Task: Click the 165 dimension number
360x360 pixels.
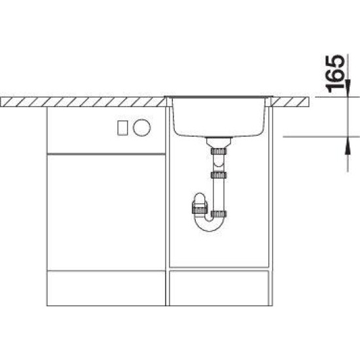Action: click(x=334, y=73)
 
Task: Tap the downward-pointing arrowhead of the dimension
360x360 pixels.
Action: click(x=348, y=88)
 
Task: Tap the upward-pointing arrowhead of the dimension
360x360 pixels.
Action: click(x=348, y=145)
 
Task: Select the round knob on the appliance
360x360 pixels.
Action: click(x=141, y=128)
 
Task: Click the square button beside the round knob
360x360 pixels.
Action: click(x=122, y=128)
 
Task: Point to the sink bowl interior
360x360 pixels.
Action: click(x=219, y=117)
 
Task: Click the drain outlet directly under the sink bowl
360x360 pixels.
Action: click(x=219, y=142)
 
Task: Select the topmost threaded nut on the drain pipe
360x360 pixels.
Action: click(x=219, y=151)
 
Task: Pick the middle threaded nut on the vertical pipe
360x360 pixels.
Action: click(x=219, y=175)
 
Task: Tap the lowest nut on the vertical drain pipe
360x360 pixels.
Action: click(x=219, y=214)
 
